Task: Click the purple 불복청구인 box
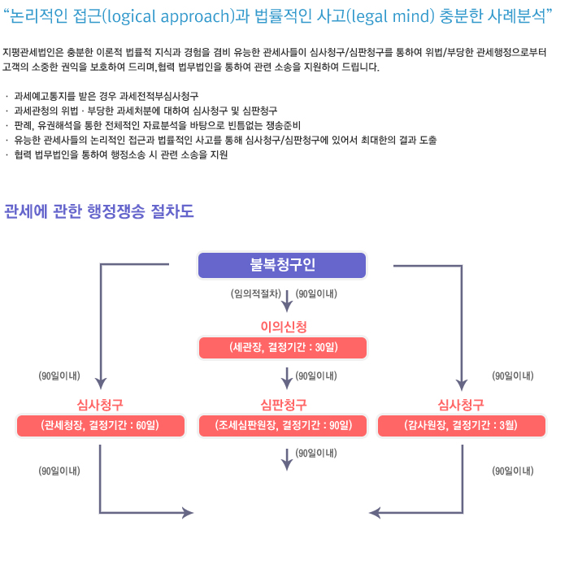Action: tap(282, 265)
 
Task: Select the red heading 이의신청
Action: tap(284, 327)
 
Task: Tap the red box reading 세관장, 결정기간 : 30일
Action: tap(283, 348)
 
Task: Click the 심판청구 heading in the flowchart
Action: tap(284, 405)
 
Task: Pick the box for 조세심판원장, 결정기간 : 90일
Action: tap(283, 425)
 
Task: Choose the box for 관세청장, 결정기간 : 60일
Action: tap(101, 425)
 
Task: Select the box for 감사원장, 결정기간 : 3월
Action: tap(461, 425)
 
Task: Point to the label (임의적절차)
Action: tap(256, 293)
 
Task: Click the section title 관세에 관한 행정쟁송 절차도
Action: tap(99, 211)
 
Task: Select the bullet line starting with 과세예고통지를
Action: tap(106, 96)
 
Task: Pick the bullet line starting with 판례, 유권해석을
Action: tap(157, 125)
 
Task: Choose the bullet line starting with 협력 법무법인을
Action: tap(121, 155)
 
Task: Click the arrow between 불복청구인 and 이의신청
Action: tap(287, 301)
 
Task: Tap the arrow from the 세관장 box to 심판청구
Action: tap(287, 379)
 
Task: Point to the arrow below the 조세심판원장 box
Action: tap(287, 460)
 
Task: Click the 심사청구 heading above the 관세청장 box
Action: tap(100, 405)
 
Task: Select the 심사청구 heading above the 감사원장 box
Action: tap(461, 405)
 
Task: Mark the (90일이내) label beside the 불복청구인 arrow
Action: tap(316, 293)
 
